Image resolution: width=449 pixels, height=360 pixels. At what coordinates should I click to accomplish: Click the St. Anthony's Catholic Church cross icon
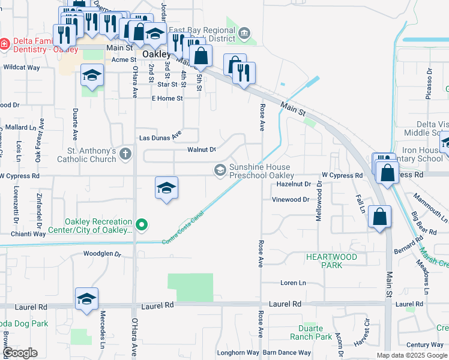(x=125, y=154)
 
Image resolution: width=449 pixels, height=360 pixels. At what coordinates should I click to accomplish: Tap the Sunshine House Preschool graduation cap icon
(x=220, y=171)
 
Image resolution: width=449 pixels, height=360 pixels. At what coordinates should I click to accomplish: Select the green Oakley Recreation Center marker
(x=142, y=226)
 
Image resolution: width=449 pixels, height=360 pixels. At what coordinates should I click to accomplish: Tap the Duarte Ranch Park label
(x=315, y=332)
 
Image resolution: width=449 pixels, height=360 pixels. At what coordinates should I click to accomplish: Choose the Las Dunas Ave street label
(x=160, y=137)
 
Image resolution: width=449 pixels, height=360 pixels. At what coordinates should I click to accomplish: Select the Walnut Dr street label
(x=201, y=149)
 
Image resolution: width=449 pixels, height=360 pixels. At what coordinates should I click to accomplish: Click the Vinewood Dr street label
(x=291, y=200)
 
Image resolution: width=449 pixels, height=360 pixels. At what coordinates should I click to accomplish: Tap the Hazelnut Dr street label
(x=294, y=185)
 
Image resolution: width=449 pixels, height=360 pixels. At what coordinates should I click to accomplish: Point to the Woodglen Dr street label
(x=102, y=253)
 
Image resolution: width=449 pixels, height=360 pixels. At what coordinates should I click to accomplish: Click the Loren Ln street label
(x=293, y=283)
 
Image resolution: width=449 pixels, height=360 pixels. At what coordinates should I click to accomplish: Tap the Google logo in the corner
(x=19, y=353)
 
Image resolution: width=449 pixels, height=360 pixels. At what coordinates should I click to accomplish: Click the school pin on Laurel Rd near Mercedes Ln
(x=86, y=299)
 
